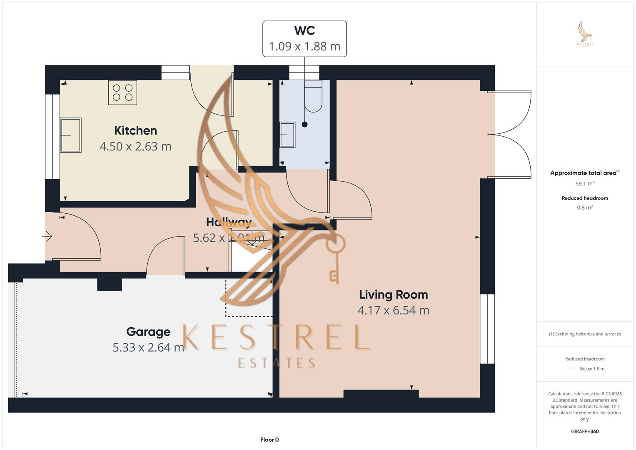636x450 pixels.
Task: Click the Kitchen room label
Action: coord(135,130)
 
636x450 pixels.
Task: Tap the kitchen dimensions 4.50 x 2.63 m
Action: coord(135,146)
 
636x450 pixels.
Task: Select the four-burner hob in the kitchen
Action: coord(122,92)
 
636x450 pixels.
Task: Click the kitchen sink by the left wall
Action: coord(70,135)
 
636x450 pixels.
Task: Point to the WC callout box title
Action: coord(304,30)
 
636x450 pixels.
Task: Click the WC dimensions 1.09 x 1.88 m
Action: coord(304,46)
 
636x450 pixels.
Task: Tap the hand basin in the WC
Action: coord(287,135)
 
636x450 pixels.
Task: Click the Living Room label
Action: coord(393,295)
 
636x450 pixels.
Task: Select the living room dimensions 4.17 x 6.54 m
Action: coord(393,310)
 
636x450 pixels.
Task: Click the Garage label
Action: coord(148,332)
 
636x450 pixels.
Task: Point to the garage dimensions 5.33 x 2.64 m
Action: coord(148,347)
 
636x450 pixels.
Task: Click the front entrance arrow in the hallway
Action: coord(47,237)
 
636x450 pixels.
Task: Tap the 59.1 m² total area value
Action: coord(585,183)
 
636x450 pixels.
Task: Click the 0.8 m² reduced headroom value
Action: coord(585,207)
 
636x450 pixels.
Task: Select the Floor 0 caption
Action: coord(269,440)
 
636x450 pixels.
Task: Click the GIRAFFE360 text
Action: coord(585,431)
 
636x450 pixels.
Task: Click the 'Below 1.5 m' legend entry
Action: coord(592,369)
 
